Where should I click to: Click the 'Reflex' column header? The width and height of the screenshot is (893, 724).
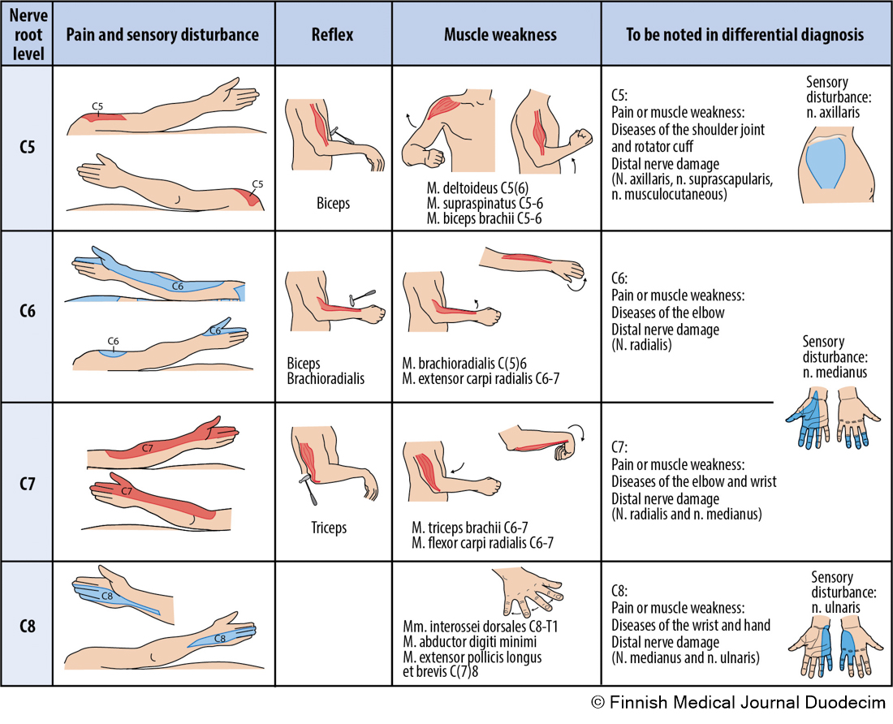tap(333, 35)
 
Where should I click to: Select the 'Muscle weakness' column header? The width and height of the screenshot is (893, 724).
tap(500, 35)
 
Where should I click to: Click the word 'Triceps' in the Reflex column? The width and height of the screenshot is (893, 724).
tap(329, 528)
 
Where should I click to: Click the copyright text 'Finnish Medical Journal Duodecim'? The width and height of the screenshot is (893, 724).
tap(746, 704)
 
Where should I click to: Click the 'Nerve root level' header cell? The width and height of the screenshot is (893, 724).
tap(27, 35)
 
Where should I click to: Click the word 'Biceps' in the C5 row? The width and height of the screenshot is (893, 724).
tap(333, 204)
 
